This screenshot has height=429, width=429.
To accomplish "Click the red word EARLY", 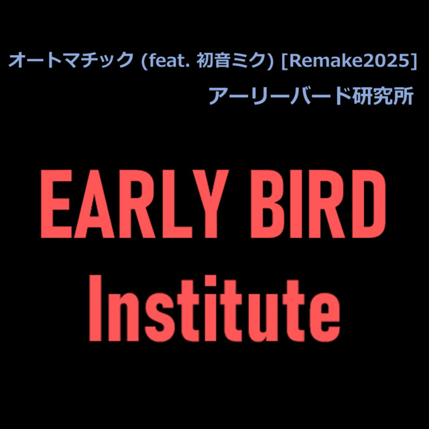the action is coord(135,204).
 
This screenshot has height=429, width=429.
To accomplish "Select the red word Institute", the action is coord(214,308).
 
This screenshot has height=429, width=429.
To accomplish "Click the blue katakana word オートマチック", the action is coord(71,60).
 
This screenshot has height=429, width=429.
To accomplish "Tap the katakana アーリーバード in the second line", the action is coord(280,97).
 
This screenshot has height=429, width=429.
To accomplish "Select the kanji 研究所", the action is coord(383,97).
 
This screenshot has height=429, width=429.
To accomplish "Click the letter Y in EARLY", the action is coord(210,204).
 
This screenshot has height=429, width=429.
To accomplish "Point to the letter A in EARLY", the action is coord(94,204).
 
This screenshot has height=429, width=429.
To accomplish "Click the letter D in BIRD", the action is coord(367,204).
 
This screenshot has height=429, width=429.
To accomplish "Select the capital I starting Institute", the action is coord(95,308).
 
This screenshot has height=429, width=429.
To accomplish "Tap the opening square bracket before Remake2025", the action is coord(285,61).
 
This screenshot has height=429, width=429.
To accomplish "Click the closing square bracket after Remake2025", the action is coord(414,61).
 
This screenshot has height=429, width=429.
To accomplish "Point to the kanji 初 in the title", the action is coord(204,60).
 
